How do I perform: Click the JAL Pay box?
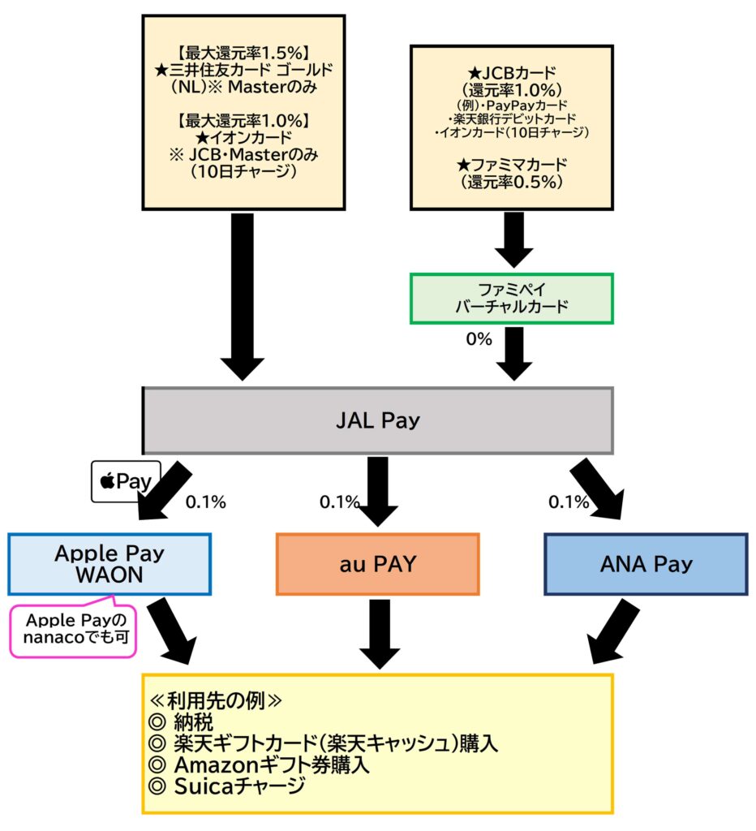click(x=377, y=420)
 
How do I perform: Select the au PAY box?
click(x=377, y=564)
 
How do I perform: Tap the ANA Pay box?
click(x=646, y=564)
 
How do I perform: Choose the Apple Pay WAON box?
click(x=110, y=564)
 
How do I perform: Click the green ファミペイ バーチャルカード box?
click(x=511, y=298)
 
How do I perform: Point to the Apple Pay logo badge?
click(x=125, y=481)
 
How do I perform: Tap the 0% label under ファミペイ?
click(x=479, y=339)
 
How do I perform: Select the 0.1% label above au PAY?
click(x=339, y=502)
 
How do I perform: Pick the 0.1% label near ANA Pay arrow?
click(x=568, y=502)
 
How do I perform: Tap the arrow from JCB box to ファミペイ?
click(x=512, y=239)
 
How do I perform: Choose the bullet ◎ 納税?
click(x=182, y=723)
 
